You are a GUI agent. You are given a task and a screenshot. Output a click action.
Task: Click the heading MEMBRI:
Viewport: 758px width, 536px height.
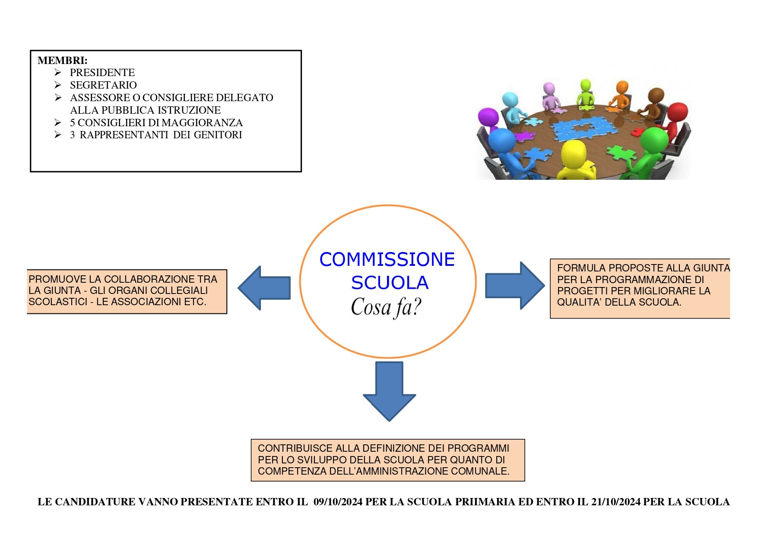click(x=62, y=61)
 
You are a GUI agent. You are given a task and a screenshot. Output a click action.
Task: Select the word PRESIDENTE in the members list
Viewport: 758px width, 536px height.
click(x=102, y=73)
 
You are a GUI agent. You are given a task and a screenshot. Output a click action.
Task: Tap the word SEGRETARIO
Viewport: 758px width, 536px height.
click(x=103, y=85)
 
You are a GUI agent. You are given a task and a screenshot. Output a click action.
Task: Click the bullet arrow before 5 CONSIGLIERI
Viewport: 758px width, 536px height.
click(x=58, y=123)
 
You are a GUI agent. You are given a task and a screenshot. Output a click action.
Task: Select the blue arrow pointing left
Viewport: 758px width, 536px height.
click(x=264, y=288)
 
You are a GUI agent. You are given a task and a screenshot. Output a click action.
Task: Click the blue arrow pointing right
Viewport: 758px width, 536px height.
click(x=514, y=285)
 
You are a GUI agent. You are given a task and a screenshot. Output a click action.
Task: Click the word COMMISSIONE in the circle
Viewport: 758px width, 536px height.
click(x=387, y=259)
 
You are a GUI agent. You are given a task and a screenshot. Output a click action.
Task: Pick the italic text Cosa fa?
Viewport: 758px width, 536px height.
click(x=386, y=307)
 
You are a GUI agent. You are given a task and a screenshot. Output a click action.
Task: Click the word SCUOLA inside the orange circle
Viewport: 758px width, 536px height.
click(x=390, y=283)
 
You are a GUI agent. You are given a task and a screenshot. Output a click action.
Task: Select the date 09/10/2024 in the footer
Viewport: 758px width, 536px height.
click(x=338, y=502)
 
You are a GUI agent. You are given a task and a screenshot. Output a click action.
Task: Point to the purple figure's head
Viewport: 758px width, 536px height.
click(x=488, y=117)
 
